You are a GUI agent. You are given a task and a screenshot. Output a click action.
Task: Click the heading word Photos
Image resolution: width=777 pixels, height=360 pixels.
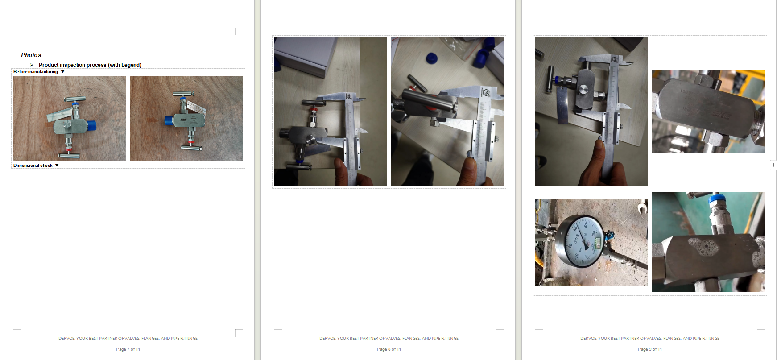(31, 55)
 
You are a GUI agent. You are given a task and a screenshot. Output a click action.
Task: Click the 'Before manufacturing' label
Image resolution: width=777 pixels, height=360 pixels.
(35, 72)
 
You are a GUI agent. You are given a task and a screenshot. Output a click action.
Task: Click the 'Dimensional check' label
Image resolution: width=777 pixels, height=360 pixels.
(33, 166)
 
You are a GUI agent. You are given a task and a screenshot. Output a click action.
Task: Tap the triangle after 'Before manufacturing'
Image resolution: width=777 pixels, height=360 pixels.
(63, 71)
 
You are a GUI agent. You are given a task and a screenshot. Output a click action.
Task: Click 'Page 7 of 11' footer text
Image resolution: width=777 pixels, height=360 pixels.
(128, 349)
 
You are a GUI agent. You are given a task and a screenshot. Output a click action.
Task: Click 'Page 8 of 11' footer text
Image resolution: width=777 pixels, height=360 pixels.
(389, 349)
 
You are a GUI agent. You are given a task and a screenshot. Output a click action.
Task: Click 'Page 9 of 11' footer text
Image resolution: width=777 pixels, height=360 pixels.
(650, 349)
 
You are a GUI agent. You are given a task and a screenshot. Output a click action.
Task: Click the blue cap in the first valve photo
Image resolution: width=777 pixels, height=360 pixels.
(91, 125)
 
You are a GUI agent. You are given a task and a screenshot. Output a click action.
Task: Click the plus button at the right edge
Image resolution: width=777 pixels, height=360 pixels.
(773, 165)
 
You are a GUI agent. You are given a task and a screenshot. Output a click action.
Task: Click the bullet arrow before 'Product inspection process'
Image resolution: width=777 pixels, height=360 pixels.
(32, 65)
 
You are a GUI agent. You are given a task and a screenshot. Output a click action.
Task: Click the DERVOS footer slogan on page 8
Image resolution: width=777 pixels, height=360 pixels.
(389, 339)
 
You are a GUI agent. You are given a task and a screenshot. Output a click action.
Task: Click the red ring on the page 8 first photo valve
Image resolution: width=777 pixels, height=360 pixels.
(314, 110)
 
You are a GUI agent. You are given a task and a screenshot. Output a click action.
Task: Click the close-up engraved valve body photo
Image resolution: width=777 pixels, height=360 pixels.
(708, 112)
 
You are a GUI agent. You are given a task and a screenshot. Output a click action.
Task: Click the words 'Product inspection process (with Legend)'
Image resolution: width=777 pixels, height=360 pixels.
(90, 65)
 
